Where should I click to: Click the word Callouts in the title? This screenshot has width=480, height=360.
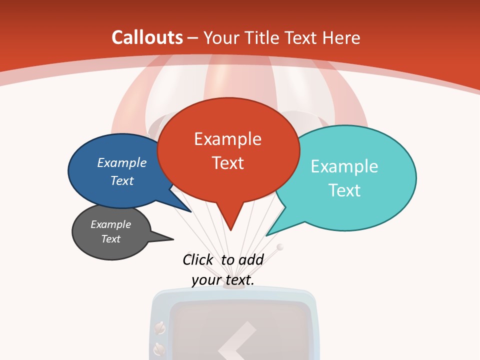pos(147,37)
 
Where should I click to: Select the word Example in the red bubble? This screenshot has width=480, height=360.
pos(227,138)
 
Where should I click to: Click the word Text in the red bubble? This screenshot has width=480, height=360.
pos(227,162)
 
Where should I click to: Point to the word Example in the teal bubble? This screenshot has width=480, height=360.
pos(344,166)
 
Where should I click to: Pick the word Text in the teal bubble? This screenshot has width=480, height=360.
pos(344,190)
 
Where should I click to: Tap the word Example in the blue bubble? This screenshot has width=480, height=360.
pos(121,162)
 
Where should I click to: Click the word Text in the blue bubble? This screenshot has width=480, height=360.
pos(121,180)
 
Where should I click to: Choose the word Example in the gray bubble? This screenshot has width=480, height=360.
pos(110,224)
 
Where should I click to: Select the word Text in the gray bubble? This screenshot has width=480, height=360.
pos(110,239)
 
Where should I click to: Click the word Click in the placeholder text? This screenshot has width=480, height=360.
pos(197,259)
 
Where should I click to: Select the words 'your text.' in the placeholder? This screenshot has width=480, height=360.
pos(223,280)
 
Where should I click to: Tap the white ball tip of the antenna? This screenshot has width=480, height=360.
pos(280,246)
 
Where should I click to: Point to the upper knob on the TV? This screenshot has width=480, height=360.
pos(160,328)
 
